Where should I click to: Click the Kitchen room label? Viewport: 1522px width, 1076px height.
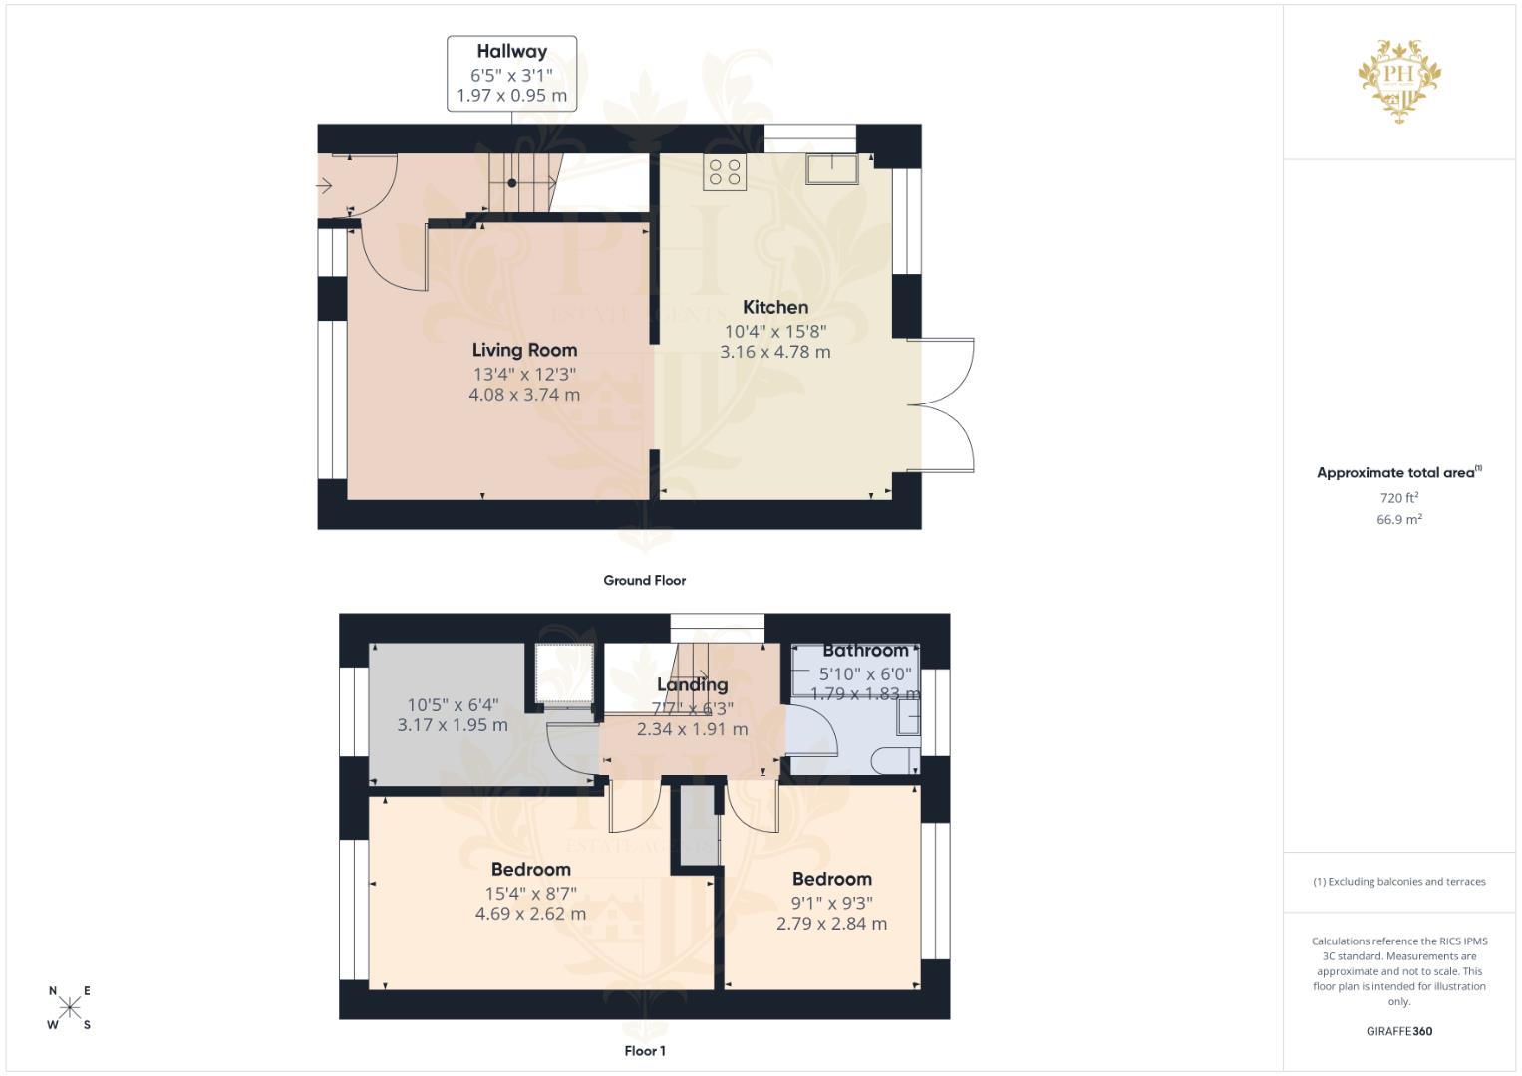pos(774,307)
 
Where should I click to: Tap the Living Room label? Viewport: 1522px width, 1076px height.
pos(524,350)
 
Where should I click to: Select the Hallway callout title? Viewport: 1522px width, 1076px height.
pos(511,51)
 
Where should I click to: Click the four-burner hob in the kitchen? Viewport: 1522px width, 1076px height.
pos(725,173)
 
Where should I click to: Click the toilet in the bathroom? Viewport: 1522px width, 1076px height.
pos(894,762)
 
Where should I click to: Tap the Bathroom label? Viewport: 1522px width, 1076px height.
pos(865,651)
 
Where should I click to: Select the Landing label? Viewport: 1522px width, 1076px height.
pos(692,684)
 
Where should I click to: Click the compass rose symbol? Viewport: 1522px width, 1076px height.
pos(69,1007)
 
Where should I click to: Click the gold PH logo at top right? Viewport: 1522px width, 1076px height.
pos(1399,79)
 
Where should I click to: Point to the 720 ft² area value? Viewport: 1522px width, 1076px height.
pos(1398,497)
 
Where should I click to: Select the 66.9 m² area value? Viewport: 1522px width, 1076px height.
pos(1398,519)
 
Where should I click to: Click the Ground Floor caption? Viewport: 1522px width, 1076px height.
pos(644,580)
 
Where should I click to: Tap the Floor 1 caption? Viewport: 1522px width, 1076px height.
pos(644,1050)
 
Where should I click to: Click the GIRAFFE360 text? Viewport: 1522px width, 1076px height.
pos(1398,1031)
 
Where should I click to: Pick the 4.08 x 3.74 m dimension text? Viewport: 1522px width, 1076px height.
pos(524,395)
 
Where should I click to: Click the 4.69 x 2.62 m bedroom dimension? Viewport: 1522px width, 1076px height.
pos(530,914)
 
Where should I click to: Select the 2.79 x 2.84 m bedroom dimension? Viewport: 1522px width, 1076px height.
pos(831,924)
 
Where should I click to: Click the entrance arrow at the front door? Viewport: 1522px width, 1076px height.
pos(325,185)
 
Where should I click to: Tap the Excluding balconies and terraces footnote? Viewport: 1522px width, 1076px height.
pos(1398,882)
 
